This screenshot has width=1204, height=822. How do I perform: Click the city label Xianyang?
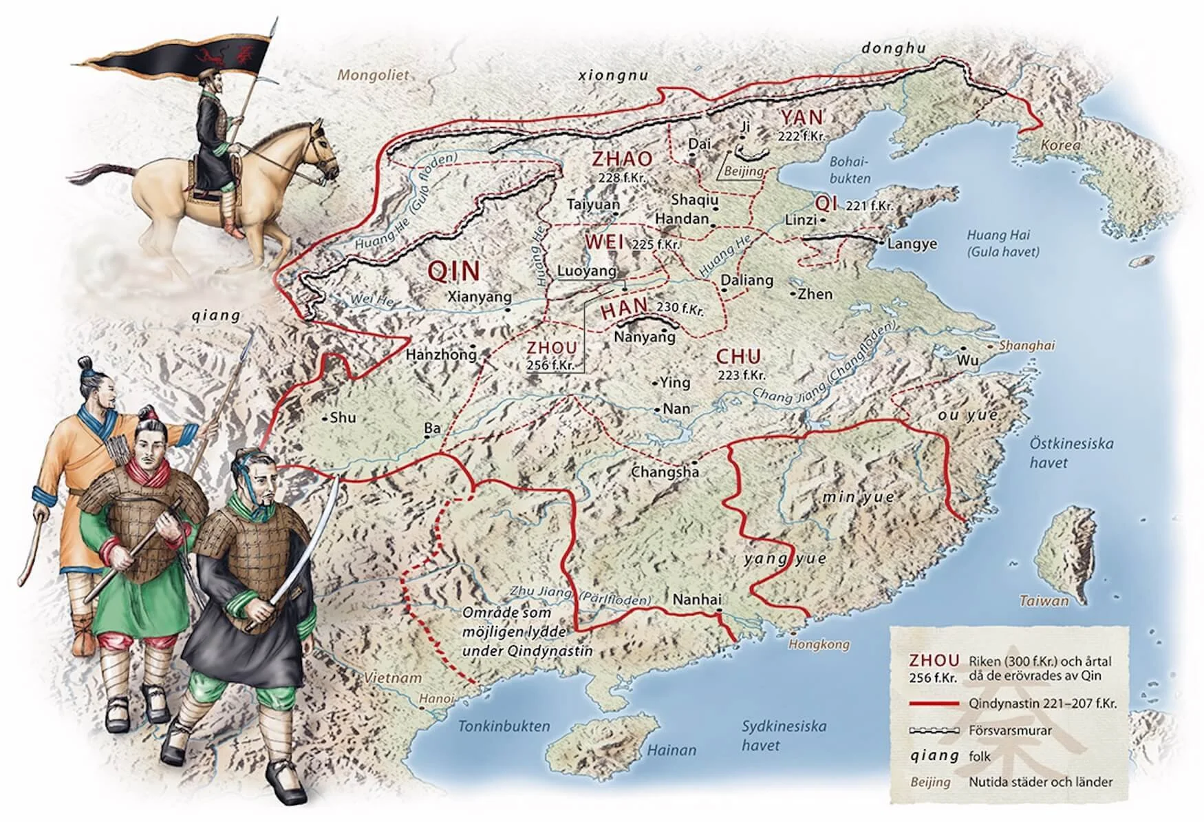tap(480, 297)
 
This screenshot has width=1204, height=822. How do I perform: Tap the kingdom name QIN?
tap(453, 271)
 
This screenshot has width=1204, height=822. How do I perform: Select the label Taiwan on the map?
tap(1044, 600)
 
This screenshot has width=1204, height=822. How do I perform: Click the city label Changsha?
tap(665, 472)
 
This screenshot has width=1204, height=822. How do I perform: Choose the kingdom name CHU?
tap(739, 357)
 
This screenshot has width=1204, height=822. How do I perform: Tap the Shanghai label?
tap(1026, 346)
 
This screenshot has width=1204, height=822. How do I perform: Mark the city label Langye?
tap(912, 244)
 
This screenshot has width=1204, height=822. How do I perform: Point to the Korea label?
tap(1060, 146)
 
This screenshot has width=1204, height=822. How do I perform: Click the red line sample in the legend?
tap(934, 704)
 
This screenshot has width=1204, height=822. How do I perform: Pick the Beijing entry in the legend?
tap(930, 782)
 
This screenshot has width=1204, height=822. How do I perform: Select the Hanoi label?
tap(437, 699)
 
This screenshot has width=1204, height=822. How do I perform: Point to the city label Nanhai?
tap(697, 600)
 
